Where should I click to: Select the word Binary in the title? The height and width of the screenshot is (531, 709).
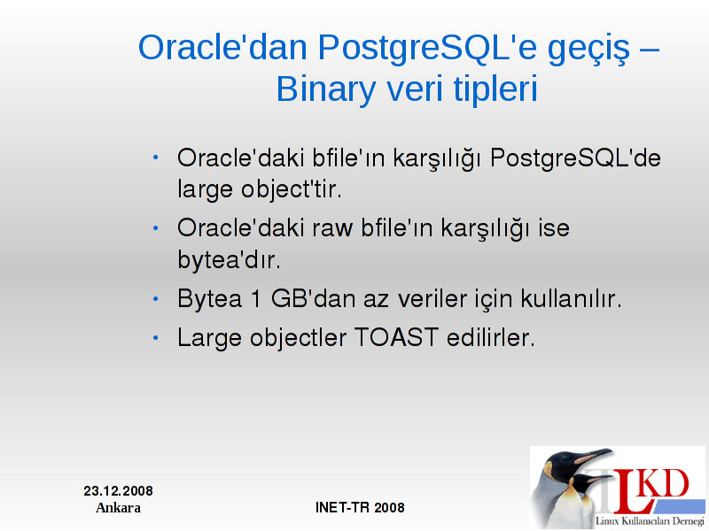pyautogui.click(x=325, y=90)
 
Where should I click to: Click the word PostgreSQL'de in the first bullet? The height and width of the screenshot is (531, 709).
pyautogui.click(x=575, y=158)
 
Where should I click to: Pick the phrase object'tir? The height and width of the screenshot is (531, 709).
pyautogui.click(x=291, y=189)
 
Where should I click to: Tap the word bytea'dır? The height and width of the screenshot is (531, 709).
pyautogui.click(x=229, y=258)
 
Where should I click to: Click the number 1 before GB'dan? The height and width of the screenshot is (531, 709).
pyautogui.click(x=256, y=299)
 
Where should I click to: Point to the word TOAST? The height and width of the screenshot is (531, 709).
pyautogui.click(x=396, y=338)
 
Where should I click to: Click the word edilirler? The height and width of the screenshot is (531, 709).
pyautogui.click(x=491, y=337)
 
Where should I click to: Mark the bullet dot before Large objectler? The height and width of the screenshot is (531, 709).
pyautogui.click(x=156, y=338)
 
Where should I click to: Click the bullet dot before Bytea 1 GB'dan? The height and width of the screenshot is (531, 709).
pyautogui.click(x=156, y=298)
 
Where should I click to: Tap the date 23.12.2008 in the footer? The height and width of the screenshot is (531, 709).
pyautogui.click(x=118, y=491)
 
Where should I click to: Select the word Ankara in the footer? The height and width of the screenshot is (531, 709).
pyautogui.click(x=118, y=508)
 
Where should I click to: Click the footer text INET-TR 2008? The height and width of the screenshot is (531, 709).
pyautogui.click(x=360, y=507)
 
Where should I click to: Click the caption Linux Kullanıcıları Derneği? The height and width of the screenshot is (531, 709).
pyautogui.click(x=650, y=520)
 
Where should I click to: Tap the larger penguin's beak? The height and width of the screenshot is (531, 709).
pyautogui.click(x=591, y=456)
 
